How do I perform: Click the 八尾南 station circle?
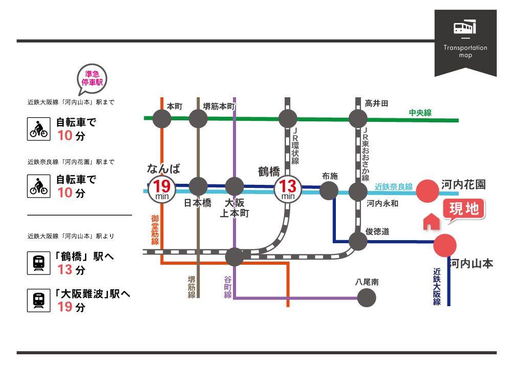tap(366, 297)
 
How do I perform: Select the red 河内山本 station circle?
tap(444, 245)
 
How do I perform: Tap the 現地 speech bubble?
tap(463, 209)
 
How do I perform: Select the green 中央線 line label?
tap(420, 113)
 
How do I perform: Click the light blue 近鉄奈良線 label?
tap(393, 187)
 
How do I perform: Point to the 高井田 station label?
tap(376, 103)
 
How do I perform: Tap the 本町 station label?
tap(175, 106)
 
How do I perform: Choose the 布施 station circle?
tap(329, 190)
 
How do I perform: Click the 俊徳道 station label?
tap(378, 232)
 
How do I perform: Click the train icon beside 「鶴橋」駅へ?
tap(38, 263)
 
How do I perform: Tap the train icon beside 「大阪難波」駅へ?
tap(38, 300)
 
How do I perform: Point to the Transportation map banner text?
tap(465, 51)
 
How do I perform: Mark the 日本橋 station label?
tap(198, 203)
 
